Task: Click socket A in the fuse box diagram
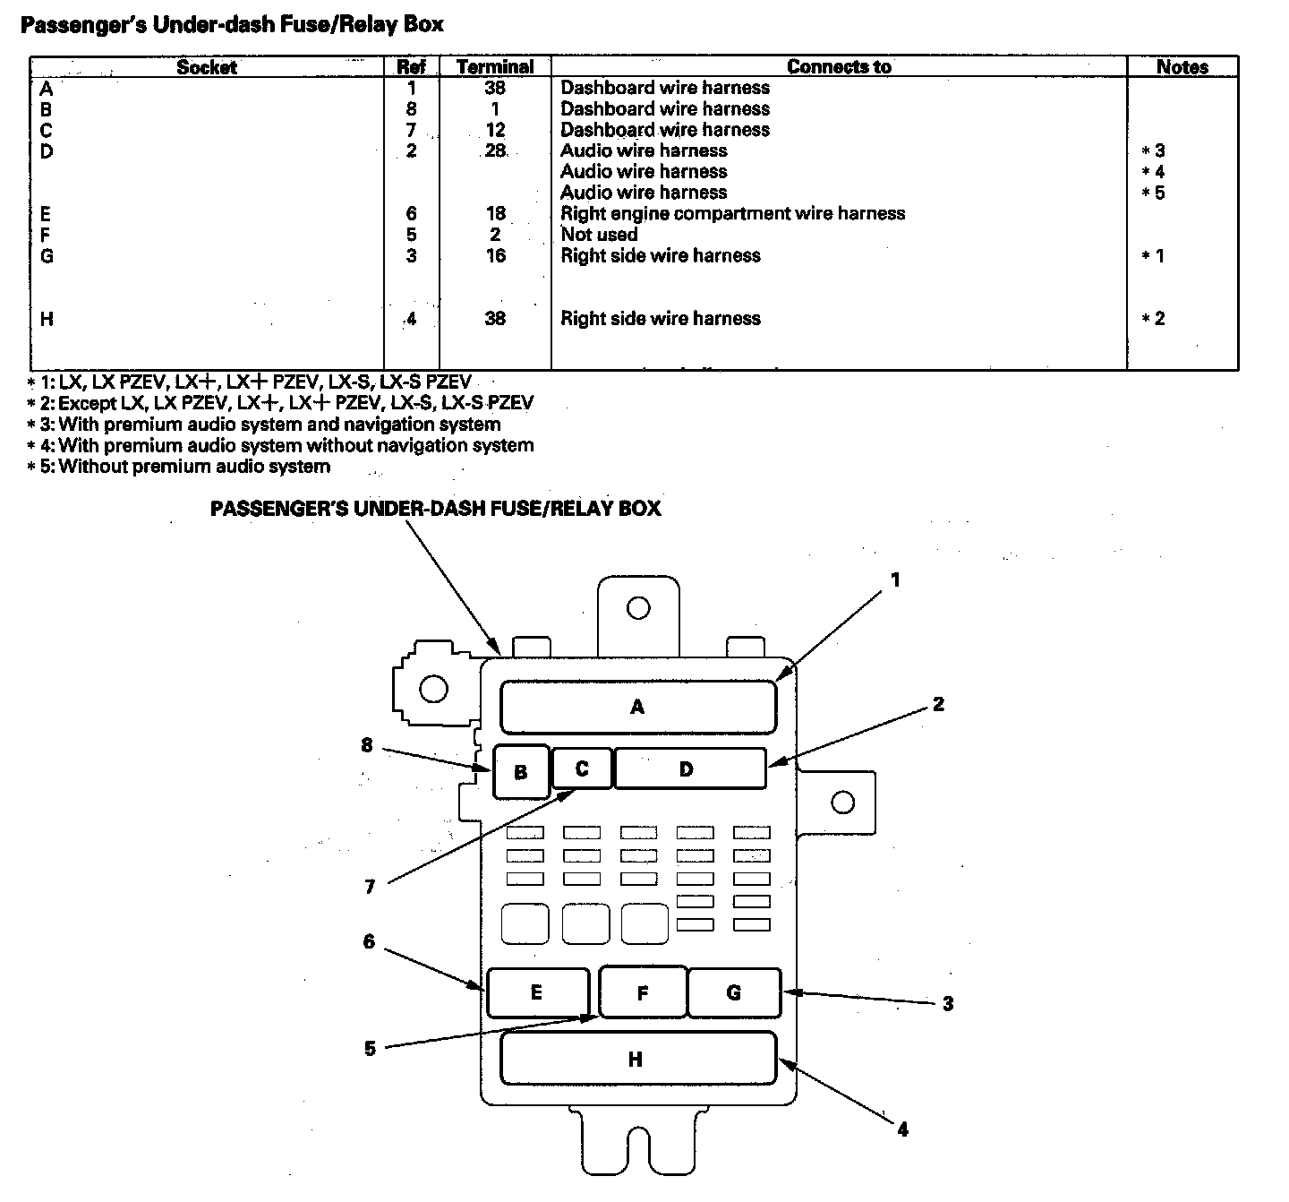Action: [x=637, y=707]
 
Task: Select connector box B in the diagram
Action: [x=520, y=771]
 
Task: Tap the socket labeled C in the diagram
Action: [x=582, y=768]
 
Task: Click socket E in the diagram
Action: [x=536, y=992]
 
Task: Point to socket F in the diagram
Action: [x=642, y=992]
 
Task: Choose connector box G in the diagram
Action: [x=734, y=992]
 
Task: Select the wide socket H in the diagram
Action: [x=636, y=1060]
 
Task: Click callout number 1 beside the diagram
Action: [x=895, y=580]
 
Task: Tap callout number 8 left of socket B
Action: [x=367, y=745]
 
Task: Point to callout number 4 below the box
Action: [x=902, y=1129]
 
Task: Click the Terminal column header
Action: [x=495, y=67]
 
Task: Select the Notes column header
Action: [x=1182, y=67]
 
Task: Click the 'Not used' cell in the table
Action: [x=599, y=235]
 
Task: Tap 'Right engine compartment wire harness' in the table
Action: [x=732, y=213]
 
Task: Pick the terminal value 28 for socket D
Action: [x=495, y=150]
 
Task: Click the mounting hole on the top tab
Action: [x=638, y=608]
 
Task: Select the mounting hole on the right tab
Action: [x=842, y=802]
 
